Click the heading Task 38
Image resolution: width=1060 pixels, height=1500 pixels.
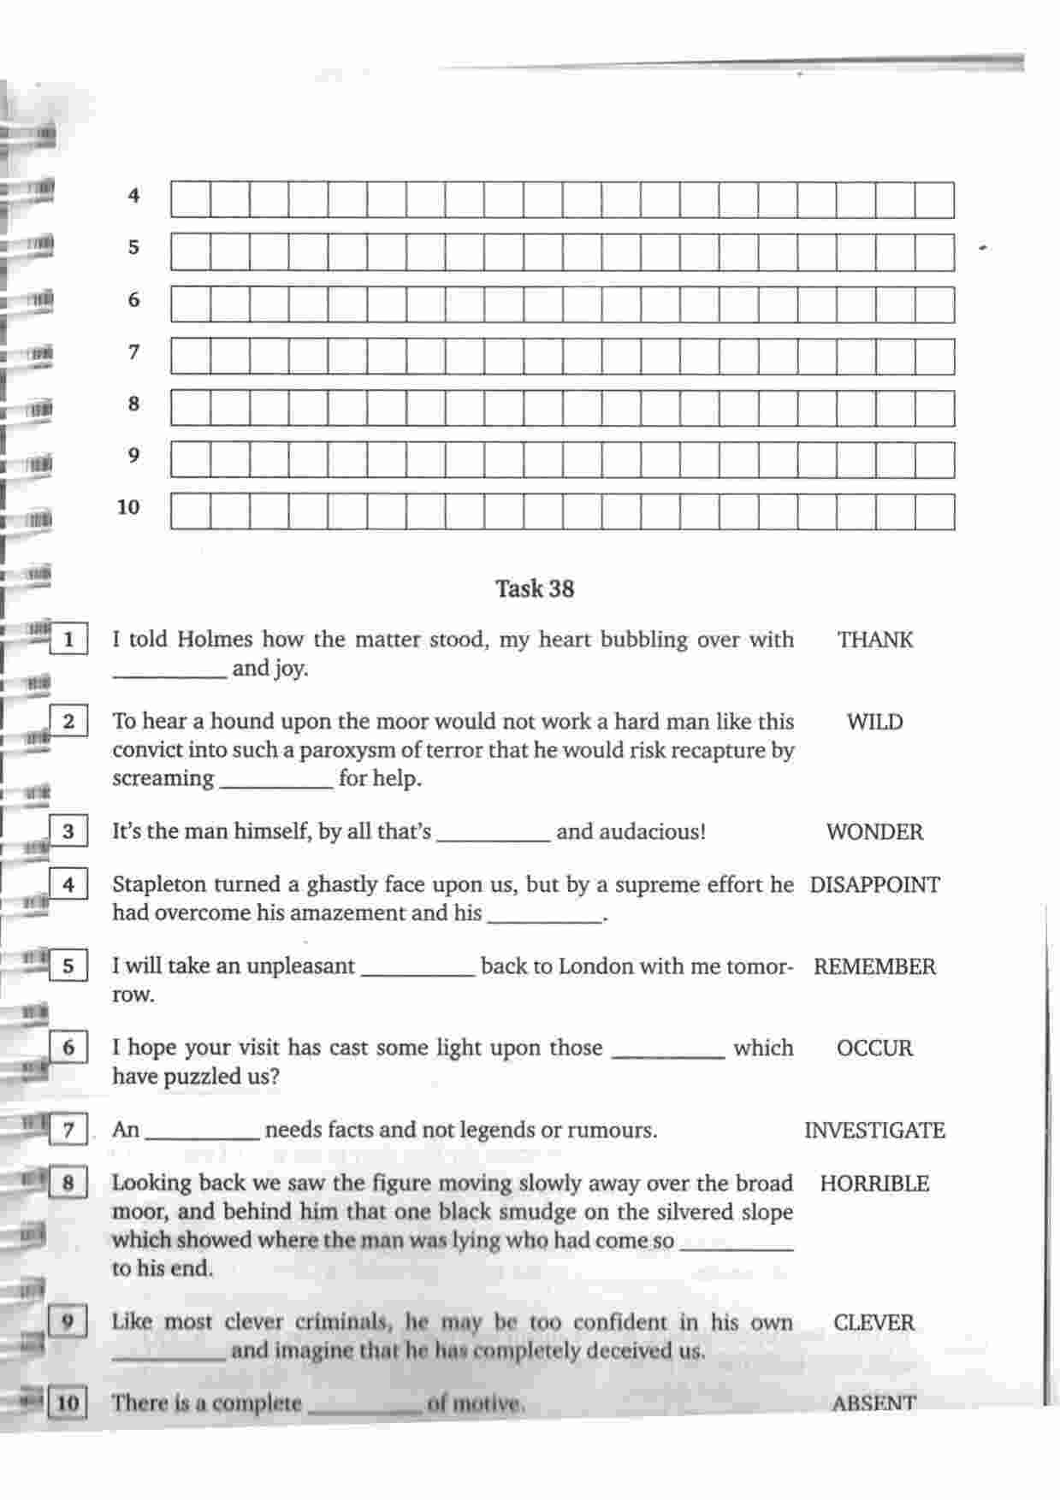tap(535, 588)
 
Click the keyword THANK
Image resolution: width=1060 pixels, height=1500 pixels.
tap(874, 640)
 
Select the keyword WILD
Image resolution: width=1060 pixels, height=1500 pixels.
tap(874, 722)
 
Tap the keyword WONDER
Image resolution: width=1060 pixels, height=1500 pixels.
tap(874, 832)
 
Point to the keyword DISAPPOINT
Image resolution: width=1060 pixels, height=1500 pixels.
tap(874, 885)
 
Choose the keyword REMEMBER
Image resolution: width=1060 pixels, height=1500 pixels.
tap(874, 967)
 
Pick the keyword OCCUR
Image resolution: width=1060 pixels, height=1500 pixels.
tap(874, 1048)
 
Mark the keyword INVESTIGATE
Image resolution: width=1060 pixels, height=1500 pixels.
tap(874, 1131)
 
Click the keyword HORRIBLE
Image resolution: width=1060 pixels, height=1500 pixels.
tap(874, 1184)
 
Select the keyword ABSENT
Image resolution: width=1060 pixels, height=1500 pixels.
tap(873, 1403)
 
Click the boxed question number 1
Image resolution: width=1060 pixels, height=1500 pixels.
tap(68, 640)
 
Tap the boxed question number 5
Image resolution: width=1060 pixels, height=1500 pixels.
tap(68, 967)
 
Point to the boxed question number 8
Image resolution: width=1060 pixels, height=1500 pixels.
tap(68, 1184)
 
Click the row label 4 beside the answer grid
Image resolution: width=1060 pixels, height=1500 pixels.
tap(133, 196)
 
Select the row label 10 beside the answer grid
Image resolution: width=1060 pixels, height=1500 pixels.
tap(128, 507)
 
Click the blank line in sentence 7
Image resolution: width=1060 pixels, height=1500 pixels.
tap(203, 1137)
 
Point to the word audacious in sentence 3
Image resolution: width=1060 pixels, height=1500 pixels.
tap(631, 832)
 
